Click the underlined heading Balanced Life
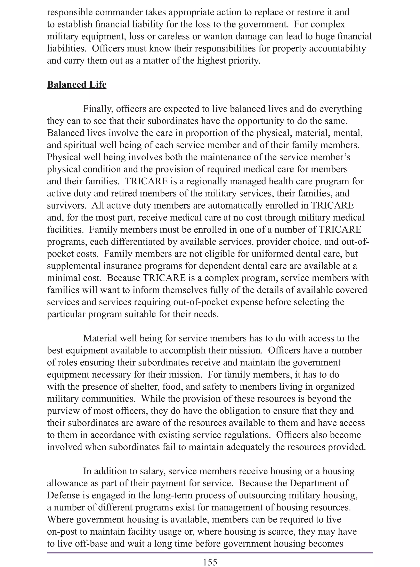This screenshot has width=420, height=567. click(x=76, y=85)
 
